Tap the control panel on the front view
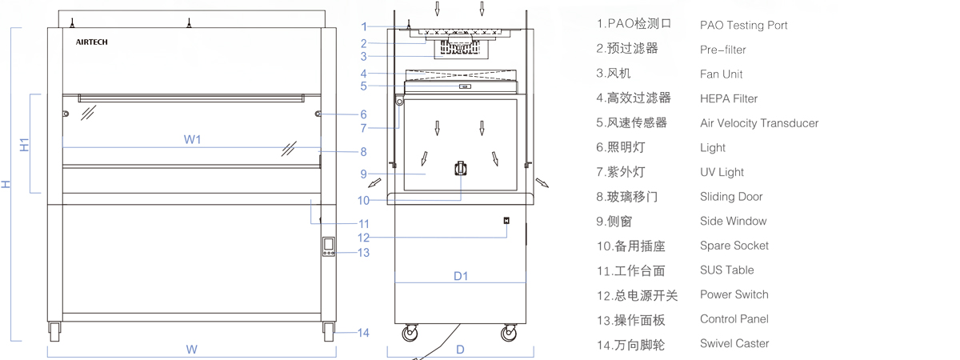point(328,246)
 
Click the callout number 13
point(363,253)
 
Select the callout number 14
point(363,333)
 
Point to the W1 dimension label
point(192,139)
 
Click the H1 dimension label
point(25,146)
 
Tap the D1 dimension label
point(461,276)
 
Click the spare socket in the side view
point(461,169)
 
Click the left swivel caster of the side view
point(411,334)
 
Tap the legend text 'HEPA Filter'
point(728,98)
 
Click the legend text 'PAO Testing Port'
point(743,26)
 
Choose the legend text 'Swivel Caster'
point(734,343)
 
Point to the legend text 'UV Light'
point(722,172)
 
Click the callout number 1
point(363,26)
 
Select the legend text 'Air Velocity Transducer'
point(758,123)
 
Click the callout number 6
point(363,114)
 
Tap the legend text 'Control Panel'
point(734,318)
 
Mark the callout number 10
point(363,201)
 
